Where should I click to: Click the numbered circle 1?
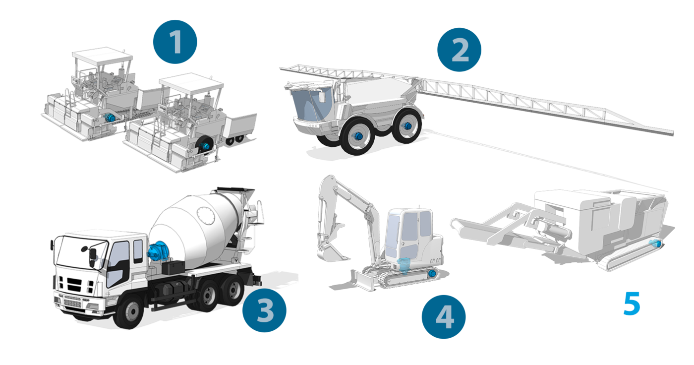(175, 42)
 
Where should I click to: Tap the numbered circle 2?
(459, 50)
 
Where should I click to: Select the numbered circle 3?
(264, 310)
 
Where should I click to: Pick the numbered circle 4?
(444, 317)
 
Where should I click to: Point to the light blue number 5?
(632, 304)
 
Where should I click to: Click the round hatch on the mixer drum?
(206, 216)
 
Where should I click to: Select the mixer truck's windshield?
(81, 251)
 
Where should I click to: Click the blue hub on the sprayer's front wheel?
(358, 136)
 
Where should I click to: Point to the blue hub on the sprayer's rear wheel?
(407, 126)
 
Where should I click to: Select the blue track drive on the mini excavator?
(432, 273)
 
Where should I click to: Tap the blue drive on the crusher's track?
(655, 243)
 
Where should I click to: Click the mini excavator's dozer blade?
(362, 280)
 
